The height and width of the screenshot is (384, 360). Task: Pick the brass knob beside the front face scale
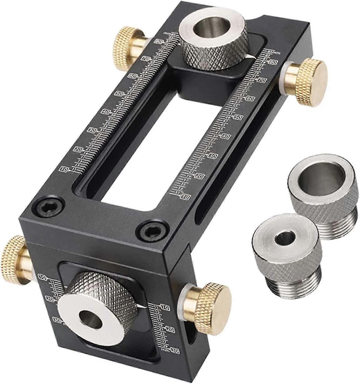pyautogui.click(x=215, y=299)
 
